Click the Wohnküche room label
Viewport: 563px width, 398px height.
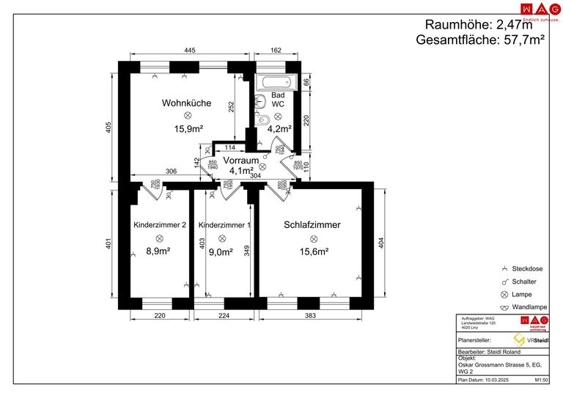point(186,103)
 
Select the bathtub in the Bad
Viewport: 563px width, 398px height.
point(275,81)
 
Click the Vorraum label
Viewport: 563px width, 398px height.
point(241,160)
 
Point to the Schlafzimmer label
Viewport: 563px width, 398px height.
point(312,225)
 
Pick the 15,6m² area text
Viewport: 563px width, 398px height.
point(312,251)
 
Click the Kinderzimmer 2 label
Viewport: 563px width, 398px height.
point(159,225)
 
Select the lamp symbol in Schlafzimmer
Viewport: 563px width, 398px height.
point(312,238)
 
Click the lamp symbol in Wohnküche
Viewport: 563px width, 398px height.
point(187,116)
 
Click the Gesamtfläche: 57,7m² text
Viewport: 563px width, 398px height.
point(480,40)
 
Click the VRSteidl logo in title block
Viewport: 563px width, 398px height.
point(533,340)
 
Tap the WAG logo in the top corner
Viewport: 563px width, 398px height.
point(534,9)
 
